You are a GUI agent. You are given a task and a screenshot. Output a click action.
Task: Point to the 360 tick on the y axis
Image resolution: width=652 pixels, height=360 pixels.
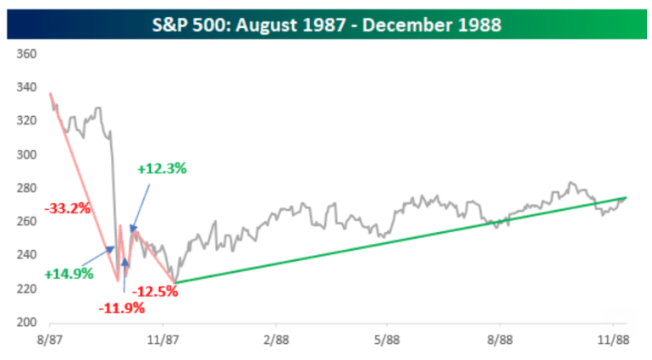coord(25,53)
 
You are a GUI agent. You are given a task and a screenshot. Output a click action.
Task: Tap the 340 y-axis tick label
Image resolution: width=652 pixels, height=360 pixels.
coord(25,87)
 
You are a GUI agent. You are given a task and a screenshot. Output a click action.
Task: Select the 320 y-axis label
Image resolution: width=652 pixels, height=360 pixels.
coord(25,121)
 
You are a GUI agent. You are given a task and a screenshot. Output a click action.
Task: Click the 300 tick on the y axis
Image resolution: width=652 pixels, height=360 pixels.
coord(25,154)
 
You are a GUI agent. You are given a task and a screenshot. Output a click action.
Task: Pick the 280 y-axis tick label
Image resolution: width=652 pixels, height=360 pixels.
coord(25,188)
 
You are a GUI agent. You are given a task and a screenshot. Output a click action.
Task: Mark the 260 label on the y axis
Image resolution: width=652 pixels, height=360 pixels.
coord(25,222)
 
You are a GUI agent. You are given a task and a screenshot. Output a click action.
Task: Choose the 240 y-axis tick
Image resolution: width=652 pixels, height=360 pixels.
coord(25,255)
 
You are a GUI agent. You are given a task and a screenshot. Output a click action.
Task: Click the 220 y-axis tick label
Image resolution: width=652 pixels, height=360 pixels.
coord(25,289)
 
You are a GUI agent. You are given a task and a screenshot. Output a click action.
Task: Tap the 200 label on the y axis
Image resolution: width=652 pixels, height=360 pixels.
coord(25,323)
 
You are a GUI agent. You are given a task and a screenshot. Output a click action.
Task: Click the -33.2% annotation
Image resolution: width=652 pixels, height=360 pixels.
coord(67,208)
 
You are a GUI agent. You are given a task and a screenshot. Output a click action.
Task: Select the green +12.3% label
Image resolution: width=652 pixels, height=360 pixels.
coord(161,169)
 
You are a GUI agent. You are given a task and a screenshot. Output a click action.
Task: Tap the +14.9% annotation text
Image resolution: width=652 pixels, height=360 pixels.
coord(69,274)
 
